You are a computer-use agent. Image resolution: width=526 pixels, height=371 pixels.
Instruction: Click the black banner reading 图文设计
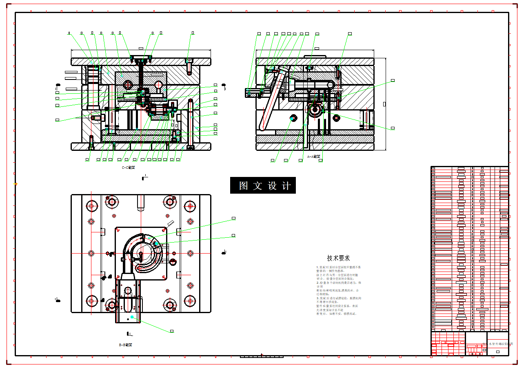pos(263,185)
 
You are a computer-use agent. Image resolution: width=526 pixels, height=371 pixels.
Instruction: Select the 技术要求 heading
pos(338,258)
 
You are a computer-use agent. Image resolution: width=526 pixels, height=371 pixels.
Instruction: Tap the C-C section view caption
pos(128,167)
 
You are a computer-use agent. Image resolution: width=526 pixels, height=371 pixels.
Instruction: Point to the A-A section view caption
pos(313,156)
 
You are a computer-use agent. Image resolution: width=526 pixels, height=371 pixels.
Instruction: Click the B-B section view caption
pos(125,345)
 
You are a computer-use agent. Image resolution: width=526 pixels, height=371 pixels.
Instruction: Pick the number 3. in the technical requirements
pos(317,298)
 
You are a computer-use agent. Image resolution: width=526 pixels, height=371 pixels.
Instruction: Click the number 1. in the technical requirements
pos(317,267)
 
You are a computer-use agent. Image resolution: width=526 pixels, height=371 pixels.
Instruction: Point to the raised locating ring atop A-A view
pos(315,56)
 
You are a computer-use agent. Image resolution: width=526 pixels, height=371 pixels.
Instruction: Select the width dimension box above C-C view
pos(141,49)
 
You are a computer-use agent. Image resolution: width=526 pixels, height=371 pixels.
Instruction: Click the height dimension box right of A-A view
pos(384,104)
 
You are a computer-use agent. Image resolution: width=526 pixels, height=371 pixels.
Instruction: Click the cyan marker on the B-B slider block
pos(132,317)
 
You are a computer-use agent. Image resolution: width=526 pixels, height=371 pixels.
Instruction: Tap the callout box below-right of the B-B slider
pos(172,331)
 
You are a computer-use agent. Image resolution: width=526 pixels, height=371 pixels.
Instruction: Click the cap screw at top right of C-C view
pos(189,65)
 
